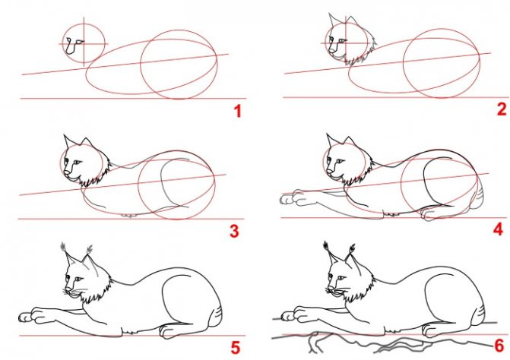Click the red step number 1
pyautogui.click(x=238, y=112)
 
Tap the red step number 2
pyautogui.click(x=502, y=109)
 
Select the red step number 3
pyautogui.click(x=234, y=232)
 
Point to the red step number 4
pyautogui.click(x=498, y=229)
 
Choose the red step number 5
pyautogui.click(x=235, y=348)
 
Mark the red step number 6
pyautogui.click(x=499, y=346)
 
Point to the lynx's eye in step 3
pyautogui.click(x=77, y=162)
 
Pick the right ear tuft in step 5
pyautogui.click(x=90, y=250)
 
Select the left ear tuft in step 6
pyautogui.click(x=326, y=246)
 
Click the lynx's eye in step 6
pyautogui.click(x=341, y=278)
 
